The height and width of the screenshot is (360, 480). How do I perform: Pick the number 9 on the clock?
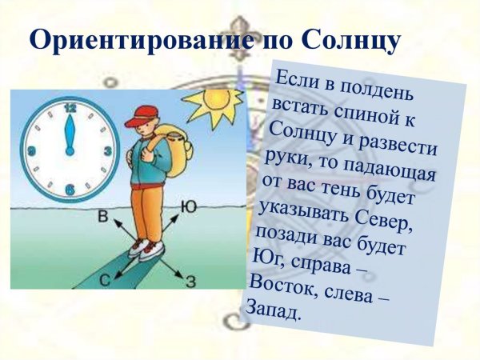point(31,150)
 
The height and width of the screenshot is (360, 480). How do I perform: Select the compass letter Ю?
point(189,206)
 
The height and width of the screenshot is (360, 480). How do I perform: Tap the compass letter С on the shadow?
point(104,279)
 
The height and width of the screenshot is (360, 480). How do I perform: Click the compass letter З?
point(190,280)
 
